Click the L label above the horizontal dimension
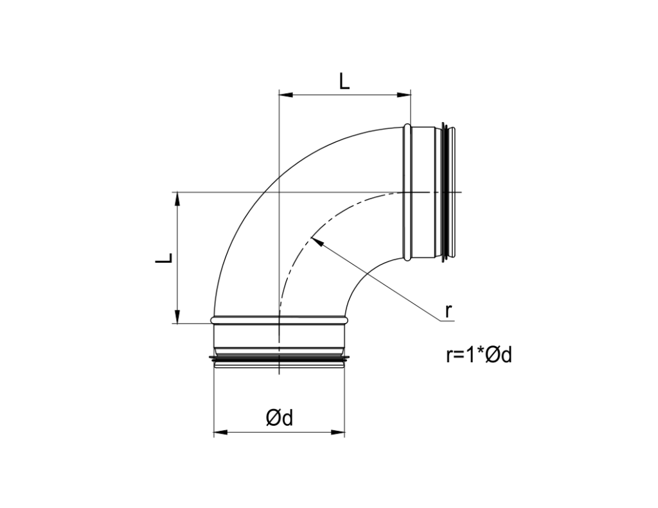click(344, 82)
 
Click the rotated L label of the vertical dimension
click(165, 258)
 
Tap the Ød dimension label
click(280, 418)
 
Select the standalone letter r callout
click(449, 311)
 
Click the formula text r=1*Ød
click(479, 355)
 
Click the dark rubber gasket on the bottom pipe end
click(279, 356)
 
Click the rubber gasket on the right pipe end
click(445, 193)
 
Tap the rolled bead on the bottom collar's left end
click(214, 318)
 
